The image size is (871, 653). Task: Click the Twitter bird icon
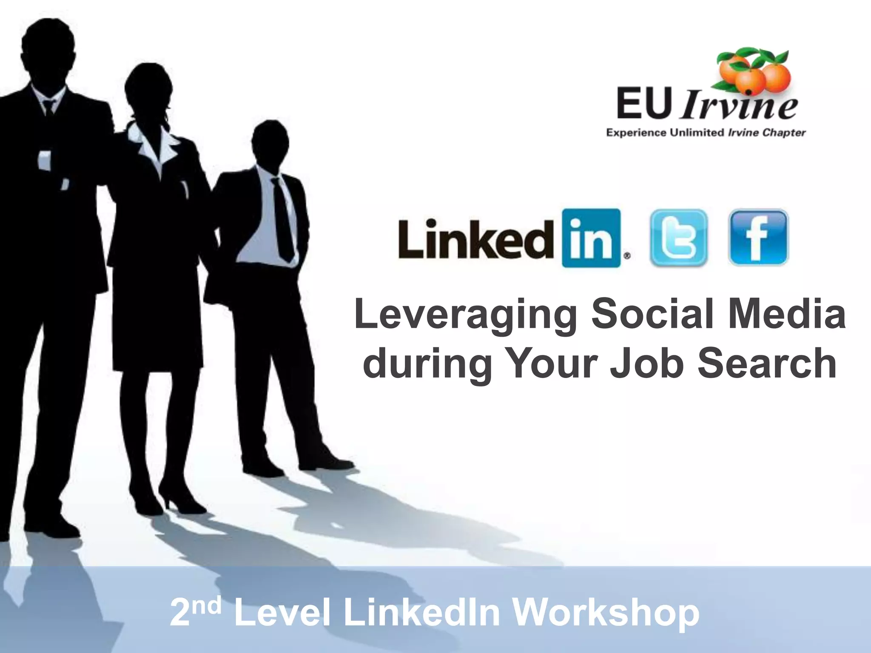[x=679, y=238]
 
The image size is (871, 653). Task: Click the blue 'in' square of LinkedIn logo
[x=591, y=238]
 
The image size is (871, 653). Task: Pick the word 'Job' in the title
[x=646, y=363]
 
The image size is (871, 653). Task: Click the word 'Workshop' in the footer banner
[x=606, y=613]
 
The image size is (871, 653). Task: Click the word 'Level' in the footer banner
[x=282, y=613]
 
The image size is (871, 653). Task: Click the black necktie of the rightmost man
[x=283, y=219]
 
